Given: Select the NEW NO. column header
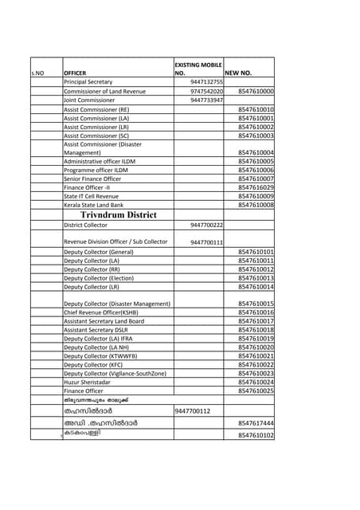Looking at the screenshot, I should click(238, 73).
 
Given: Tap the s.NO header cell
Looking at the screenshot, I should click(37, 73).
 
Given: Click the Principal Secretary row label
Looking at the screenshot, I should click(88, 82).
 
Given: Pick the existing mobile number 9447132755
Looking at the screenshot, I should click(206, 82).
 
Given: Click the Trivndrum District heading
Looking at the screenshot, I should click(119, 214).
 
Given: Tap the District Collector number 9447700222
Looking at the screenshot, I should click(206, 226).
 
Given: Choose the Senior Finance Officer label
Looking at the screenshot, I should click(92, 178).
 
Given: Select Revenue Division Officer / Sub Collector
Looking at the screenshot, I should click(115, 241).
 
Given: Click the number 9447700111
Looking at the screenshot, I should click(206, 242).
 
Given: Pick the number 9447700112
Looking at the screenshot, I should click(192, 411).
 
